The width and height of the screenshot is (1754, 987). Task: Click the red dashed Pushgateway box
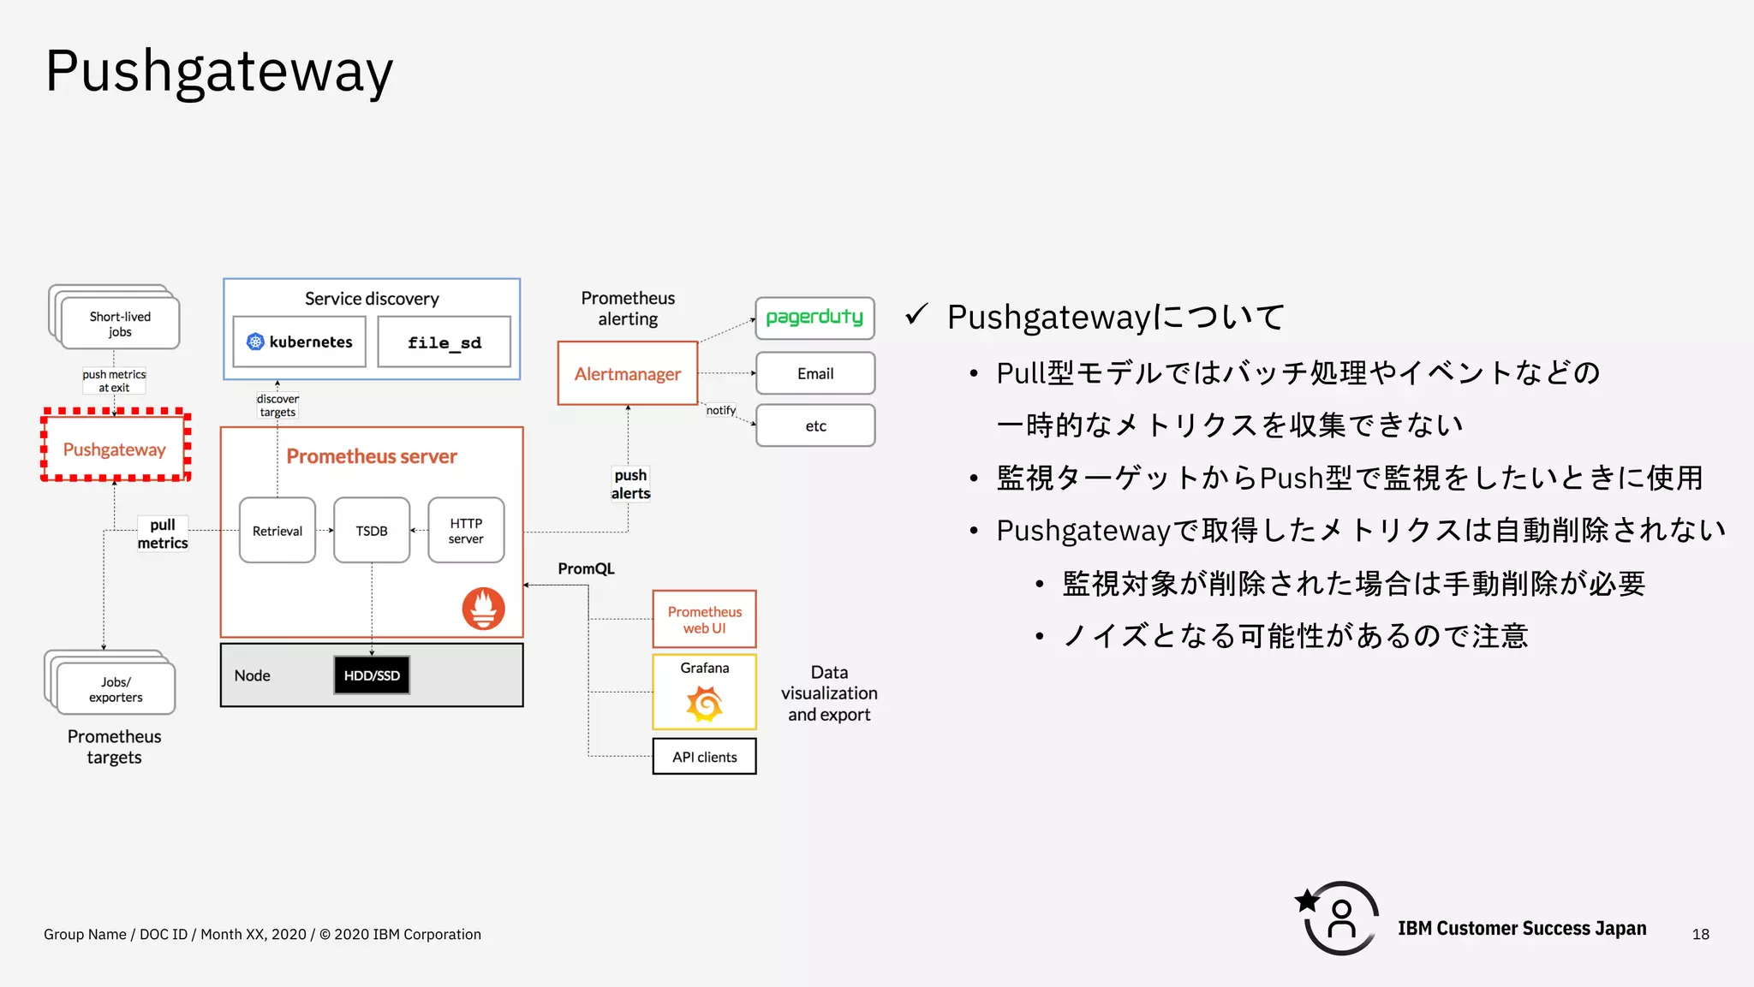coord(115,447)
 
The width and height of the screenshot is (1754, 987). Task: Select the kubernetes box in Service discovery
coord(300,342)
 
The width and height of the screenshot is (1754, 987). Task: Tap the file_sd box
coord(444,342)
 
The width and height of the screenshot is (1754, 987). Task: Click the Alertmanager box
coord(627,373)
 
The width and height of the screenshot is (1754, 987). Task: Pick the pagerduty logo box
coord(814,318)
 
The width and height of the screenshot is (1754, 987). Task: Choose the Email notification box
coord(814,373)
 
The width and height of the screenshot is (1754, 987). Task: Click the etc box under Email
coord(814,425)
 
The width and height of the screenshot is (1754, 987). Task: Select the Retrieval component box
coord(277,531)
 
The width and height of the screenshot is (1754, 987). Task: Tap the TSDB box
coord(372,531)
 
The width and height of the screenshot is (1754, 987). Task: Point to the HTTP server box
coord(466,531)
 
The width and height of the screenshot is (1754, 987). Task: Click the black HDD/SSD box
coord(372,675)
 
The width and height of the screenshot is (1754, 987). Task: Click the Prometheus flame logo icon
coord(483,609)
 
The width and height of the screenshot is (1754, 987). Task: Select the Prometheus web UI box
coord(704,619)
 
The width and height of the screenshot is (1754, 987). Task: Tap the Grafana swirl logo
coord(704,705)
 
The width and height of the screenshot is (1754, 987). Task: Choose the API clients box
coord(704,757)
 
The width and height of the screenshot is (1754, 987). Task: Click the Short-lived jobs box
coord(120,324)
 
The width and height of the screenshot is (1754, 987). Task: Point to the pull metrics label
coord(163,533)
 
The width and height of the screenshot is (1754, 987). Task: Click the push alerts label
coord(631,484)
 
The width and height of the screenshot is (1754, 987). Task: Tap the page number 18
coord(1700,934)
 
